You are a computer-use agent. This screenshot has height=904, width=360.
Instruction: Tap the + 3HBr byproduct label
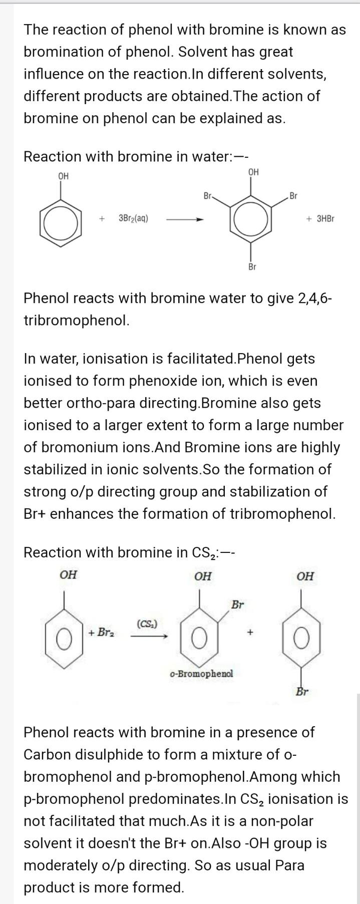coord(320,218)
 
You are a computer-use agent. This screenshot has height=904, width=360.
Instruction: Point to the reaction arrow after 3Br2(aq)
coord(185,219)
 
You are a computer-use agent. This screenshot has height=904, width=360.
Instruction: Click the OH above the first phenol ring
coord(63,176)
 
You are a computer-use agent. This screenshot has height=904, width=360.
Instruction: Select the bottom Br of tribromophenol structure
coord(252,267)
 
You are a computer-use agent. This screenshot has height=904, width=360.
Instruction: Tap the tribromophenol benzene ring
coord(251,220)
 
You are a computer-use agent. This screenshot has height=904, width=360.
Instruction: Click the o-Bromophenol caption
coord(201,673)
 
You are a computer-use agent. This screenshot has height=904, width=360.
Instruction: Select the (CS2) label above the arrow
coord(147,624)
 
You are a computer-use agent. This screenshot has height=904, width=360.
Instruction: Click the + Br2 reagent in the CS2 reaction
coord(101,632)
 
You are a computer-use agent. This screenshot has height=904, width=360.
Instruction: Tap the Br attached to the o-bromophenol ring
coord(237,605)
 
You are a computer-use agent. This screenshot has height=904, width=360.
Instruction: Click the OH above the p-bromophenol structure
coord(305,576)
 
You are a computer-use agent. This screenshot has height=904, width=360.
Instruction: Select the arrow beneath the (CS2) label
coord(149,636)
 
